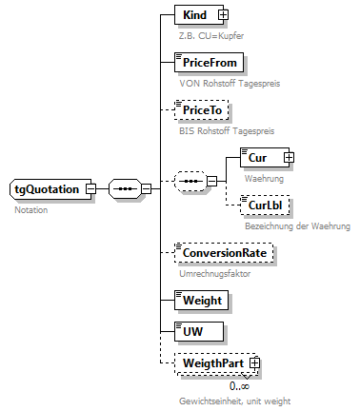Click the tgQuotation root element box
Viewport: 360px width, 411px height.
(x=48, y=188)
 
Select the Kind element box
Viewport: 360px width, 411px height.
(x=195, y=14)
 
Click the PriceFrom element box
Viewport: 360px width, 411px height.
(x=210, y=63)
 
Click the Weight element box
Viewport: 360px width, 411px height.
(x=201, y=300)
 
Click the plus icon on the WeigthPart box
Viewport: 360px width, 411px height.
(x=254, y=363)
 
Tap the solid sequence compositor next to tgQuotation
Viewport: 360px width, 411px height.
(x=125, y=188)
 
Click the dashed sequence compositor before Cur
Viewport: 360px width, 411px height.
(x=192, y=181)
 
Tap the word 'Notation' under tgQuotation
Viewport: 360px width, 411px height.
(x=31, y=210)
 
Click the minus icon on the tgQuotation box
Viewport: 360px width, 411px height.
(x=90, y=188)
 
